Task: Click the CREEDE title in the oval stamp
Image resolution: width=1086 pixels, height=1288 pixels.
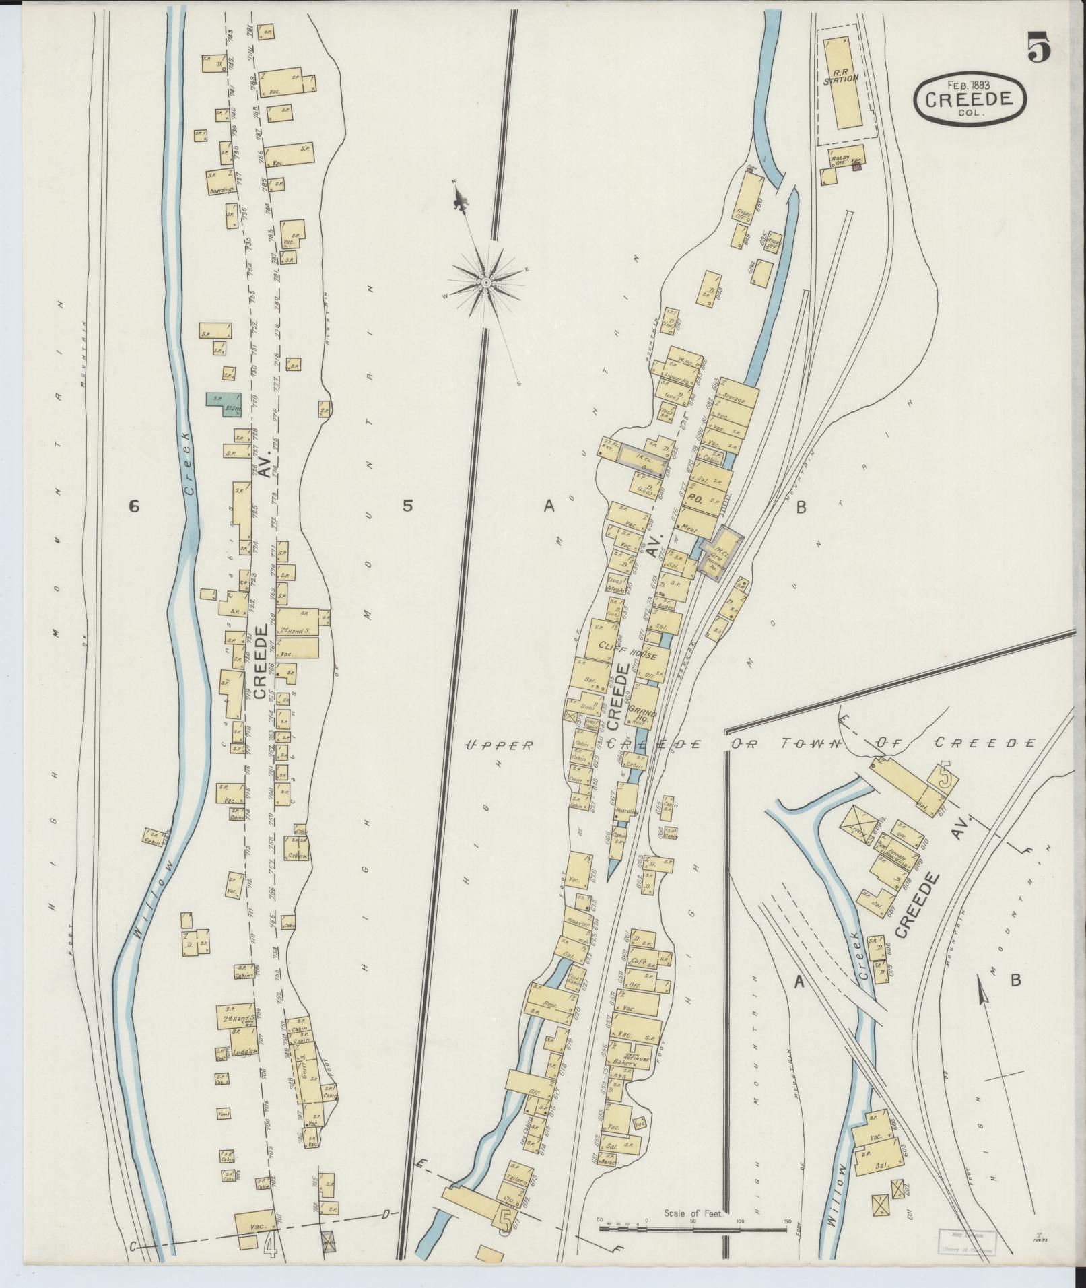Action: click(x=970, y=99)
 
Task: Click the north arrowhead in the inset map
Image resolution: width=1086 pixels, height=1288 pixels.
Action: click(x=980, y=989)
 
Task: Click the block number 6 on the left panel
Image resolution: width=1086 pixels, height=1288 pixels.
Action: click(x=134, y=507)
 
